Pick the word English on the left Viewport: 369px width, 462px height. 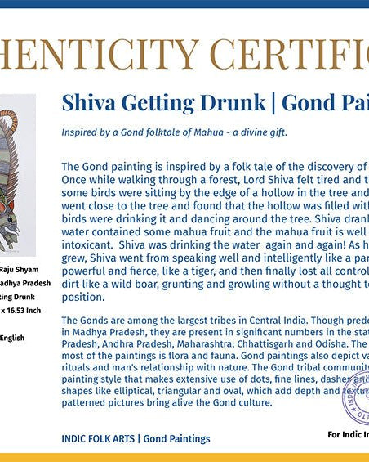pos(12,336)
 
